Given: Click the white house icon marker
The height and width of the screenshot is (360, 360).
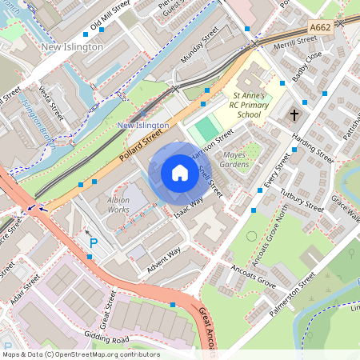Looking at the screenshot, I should (x=180, y=173).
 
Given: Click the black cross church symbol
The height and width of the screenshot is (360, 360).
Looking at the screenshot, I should (x=294, y=115).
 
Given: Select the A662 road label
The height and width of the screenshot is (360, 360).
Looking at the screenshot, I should (x=320, y=27).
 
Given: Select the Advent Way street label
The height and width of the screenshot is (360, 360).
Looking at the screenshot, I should (x=163, y=257).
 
